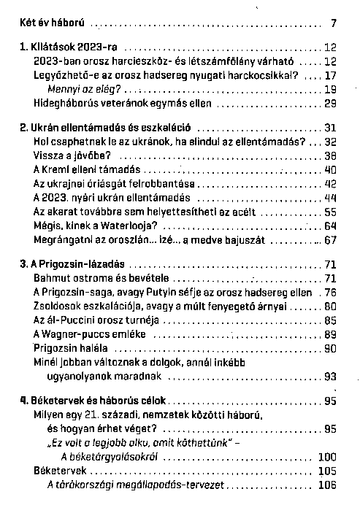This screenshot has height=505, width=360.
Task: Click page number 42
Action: click(x=329, y=183)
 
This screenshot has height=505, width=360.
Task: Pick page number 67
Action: click(x=329, y=239)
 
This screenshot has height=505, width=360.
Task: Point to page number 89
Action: click(x=329, y=334)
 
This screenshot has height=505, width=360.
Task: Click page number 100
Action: click(x=327, y=456)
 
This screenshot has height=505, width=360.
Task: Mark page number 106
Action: click(x=327, y=484)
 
